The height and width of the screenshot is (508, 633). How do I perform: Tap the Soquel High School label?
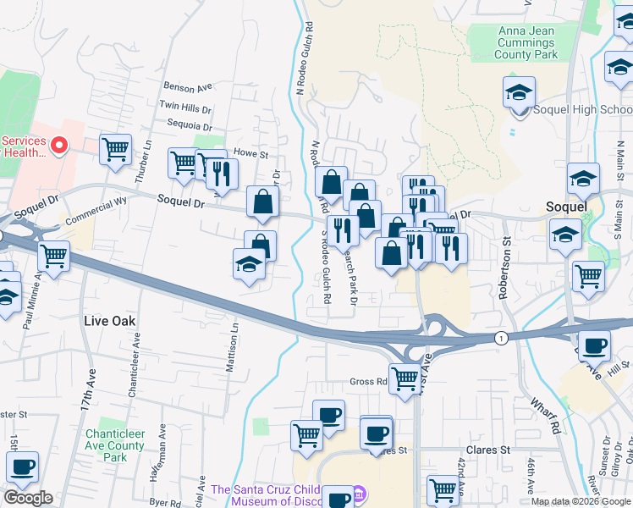click(583, 110)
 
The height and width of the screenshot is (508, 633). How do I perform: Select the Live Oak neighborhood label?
click(110, 321)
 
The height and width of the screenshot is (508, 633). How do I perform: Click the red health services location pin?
click(59, 146)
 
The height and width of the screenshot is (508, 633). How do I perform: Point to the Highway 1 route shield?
click(503, 338)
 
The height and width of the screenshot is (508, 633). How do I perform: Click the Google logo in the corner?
click(28, 498)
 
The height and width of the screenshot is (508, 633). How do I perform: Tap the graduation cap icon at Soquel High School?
click(519, 91)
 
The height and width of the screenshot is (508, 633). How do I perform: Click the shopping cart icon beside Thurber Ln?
click(115, 149)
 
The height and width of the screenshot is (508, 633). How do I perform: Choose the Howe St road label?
click(250, 154)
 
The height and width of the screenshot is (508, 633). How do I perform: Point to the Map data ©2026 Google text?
click(580, 501)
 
